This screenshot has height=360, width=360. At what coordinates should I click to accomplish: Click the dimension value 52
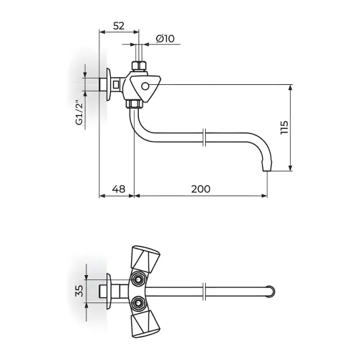pos(119,26)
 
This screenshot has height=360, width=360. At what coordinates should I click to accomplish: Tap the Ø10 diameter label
pos(165,39)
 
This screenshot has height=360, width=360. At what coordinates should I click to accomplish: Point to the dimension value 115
pos(284,127)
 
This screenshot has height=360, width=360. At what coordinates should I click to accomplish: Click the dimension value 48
pos(119,189)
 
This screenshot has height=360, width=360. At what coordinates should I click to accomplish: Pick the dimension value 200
pos(201,189)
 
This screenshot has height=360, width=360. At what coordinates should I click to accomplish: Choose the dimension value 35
pos(79,291)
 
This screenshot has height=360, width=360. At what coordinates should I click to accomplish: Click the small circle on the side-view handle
pos(145,86)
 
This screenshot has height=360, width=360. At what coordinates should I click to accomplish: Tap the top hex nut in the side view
pos(139,66)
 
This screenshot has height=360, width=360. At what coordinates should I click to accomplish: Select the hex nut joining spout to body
pos(134,104)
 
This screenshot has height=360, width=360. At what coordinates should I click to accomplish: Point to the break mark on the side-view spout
pos(204,138)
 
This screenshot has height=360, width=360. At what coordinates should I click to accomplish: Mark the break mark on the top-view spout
pos(204,292)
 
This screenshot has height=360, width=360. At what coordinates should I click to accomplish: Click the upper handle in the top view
pos(145,259)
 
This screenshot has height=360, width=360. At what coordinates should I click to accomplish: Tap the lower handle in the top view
pos(145,323)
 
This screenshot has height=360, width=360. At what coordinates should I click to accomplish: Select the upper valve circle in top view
pos(138,279)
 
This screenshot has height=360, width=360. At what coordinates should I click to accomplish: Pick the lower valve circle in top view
pos(138,303)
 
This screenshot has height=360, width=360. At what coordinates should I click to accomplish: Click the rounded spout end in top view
pos(270,292)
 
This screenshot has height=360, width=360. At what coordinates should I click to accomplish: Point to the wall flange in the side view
pos(109,85)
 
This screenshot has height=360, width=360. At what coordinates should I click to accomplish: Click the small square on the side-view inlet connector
pos(116,85)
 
